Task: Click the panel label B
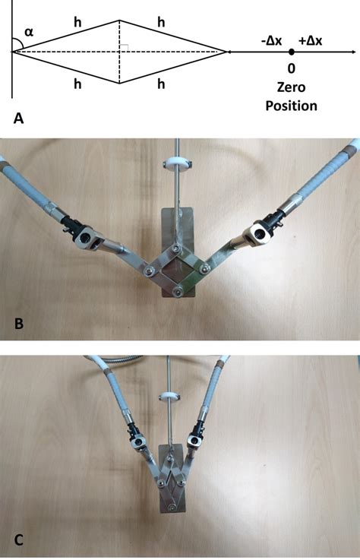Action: click(x=20, y=325)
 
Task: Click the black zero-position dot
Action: click(x=292, y=52)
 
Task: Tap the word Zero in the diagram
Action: click(x=292, y=88)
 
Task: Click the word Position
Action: click(x=292, y=106)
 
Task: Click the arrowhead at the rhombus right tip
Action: click(x=223, y=52)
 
